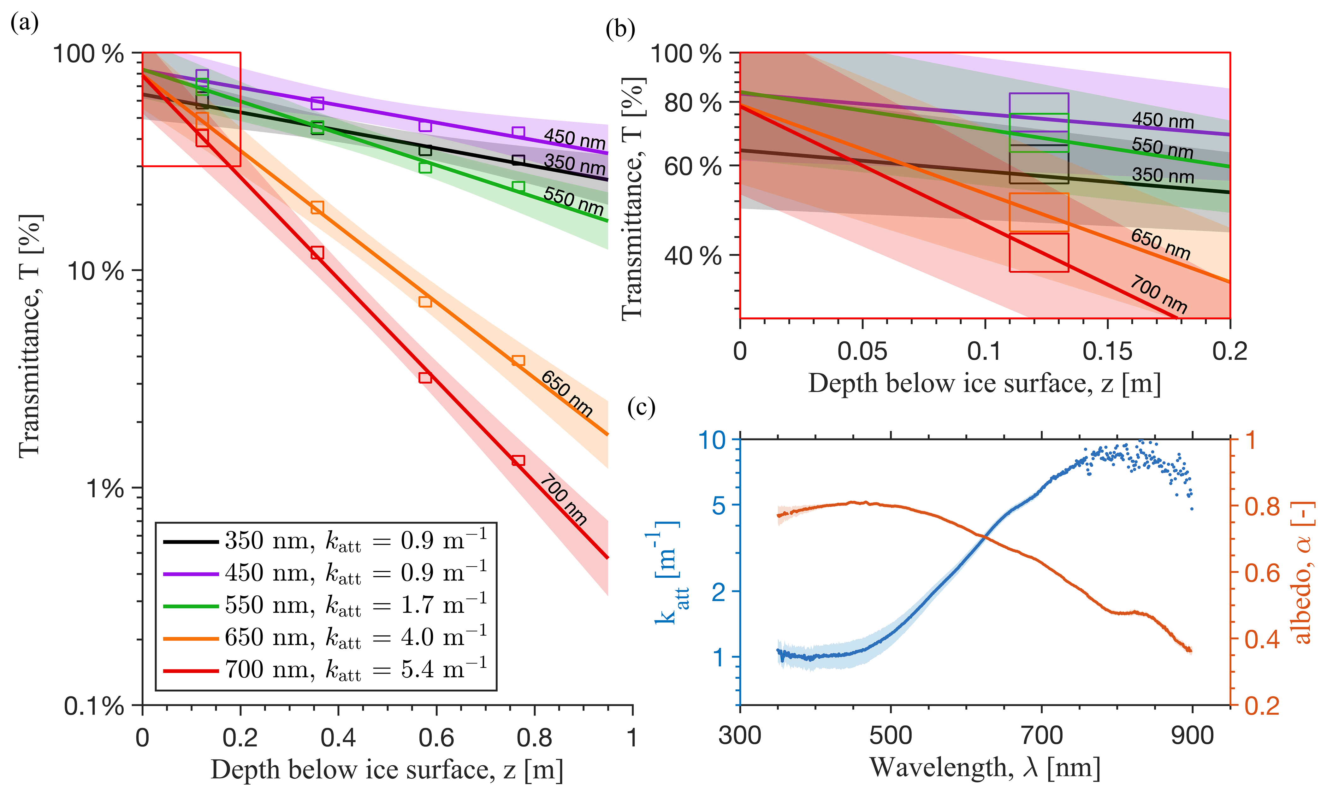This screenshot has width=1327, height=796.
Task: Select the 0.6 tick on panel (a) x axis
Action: (436, 738)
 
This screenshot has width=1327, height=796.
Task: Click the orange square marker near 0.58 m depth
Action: (425, 301)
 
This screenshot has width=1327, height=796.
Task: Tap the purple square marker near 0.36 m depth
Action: (317, 103)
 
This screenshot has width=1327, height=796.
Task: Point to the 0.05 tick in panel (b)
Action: (862, 351)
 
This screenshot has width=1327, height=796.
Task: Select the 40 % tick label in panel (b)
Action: (692, 256)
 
